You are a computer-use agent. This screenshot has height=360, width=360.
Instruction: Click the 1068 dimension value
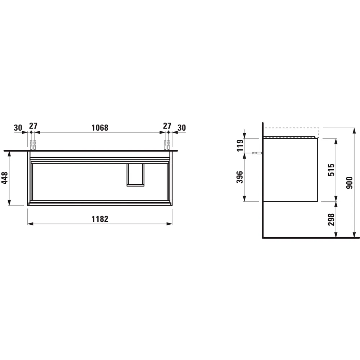pos(100,127)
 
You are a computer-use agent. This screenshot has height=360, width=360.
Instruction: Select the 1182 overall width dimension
pos(100,219)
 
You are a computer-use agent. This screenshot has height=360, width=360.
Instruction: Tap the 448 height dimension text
pos(5,177)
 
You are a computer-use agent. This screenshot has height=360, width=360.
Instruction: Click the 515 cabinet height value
pos(332,170)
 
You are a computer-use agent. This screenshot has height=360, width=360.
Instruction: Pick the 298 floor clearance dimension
pos(332,219)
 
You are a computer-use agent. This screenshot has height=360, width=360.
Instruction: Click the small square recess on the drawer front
pos(135,175)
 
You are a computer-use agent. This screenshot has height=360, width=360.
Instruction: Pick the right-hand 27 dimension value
pos(167,126)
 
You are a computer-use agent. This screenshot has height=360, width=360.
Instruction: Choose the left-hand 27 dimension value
pos(33,126)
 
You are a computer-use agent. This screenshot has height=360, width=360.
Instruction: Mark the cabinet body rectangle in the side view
pos(291,169)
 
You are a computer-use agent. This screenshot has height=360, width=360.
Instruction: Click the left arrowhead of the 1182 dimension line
pos(30,224)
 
